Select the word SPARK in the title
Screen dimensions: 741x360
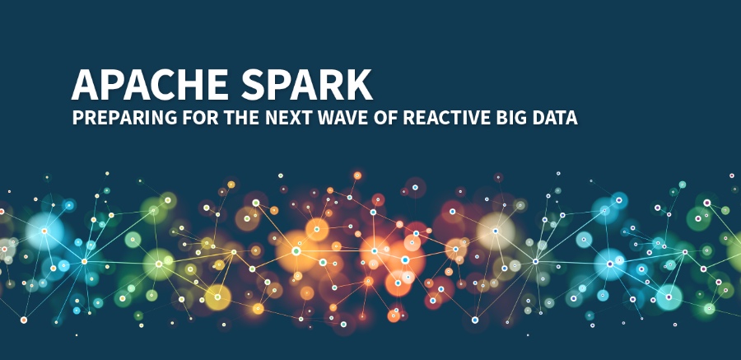point(307,85)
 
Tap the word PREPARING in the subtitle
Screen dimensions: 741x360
point(124,118)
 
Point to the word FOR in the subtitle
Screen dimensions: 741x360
point(200,118)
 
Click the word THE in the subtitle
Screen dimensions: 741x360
point(241,118)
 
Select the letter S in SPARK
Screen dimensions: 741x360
point(254,85)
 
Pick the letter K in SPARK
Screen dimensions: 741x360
point(360,85)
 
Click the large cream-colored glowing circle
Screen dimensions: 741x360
point(496,231)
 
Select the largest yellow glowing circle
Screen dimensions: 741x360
point(217,297)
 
